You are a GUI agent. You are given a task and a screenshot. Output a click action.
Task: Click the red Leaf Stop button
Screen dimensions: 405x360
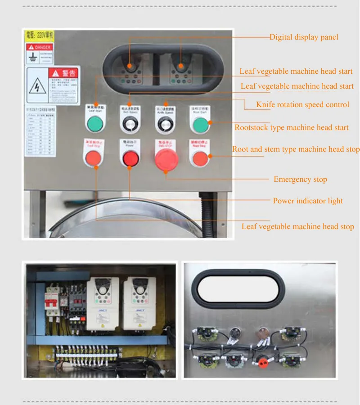tap(94, 158)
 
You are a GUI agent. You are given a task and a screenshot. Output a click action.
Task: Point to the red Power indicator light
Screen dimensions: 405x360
tap(130, 158)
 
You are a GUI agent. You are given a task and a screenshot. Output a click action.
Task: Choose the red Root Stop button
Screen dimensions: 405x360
tap(200, 158)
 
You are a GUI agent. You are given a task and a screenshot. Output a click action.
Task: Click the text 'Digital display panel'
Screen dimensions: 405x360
tap(304, 37)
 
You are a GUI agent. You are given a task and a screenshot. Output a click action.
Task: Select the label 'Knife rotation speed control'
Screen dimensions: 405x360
tap(302, 104)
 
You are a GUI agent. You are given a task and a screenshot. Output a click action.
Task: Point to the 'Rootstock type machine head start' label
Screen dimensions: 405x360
tap(291, 127)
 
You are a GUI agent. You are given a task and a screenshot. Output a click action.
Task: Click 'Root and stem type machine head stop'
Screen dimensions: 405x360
tap(296, 149)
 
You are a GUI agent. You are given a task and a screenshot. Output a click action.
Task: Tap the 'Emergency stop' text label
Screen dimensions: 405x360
tap(300, 179)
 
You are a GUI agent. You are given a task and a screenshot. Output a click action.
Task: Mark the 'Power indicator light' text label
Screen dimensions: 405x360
tap(308, 201)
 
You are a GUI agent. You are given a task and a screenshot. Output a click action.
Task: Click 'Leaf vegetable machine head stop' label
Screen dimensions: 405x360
tap(297, 226)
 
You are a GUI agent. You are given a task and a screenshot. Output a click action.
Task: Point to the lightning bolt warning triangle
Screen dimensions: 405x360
tap(38, 85)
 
